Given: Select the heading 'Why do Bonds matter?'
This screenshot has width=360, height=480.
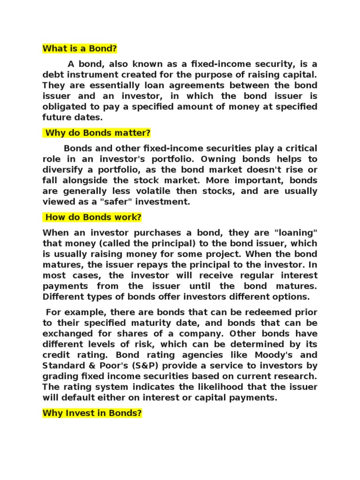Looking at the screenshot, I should click(97, 133).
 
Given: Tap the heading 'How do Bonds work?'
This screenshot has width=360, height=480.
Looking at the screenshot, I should click(93, 217).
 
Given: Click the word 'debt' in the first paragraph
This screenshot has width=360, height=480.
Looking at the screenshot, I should click(52, 75).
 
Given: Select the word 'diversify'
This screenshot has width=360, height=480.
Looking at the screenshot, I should click(61, 170).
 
